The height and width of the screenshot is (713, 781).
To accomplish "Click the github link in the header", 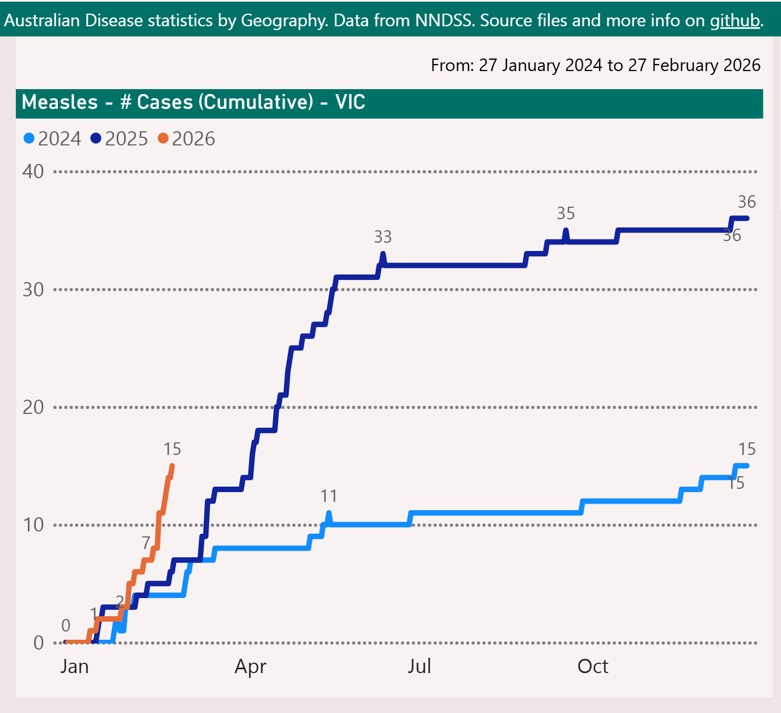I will [x=735, y=21].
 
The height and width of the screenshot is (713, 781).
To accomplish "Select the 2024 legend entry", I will [x=53, y=139].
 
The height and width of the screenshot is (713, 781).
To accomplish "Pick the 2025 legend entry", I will [x=120, y=139].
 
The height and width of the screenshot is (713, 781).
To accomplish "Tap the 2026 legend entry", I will [x=187, y=139].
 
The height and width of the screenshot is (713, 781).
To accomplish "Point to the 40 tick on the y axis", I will [x=33, y=172].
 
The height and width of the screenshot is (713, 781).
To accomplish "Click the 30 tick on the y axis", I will [x=33, y=289].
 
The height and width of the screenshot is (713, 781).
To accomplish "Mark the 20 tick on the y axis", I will [x=33, y=407].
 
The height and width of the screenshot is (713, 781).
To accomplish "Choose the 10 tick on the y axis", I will [x=33, y=525].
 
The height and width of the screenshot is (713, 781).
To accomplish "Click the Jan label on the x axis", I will [x=74, y=667].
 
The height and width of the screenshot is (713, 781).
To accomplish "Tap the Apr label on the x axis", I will [x=250, y=667].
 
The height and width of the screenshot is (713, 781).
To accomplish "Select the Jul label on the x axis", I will [x=419, y=667].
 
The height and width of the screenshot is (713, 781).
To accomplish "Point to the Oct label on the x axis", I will [x=593, y=667].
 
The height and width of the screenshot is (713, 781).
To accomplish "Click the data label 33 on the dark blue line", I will [x=383, y=237].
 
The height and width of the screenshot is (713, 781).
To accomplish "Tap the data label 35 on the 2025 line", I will [x=566, y=213].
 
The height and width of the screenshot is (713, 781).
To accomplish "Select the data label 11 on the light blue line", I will [x=329, y=496].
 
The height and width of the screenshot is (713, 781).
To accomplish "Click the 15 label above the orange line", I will [x=172, y=449].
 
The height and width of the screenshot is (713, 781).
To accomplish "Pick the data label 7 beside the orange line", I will [x=146, y=542].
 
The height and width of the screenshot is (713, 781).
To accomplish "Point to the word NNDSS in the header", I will [x=445, y=21].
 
